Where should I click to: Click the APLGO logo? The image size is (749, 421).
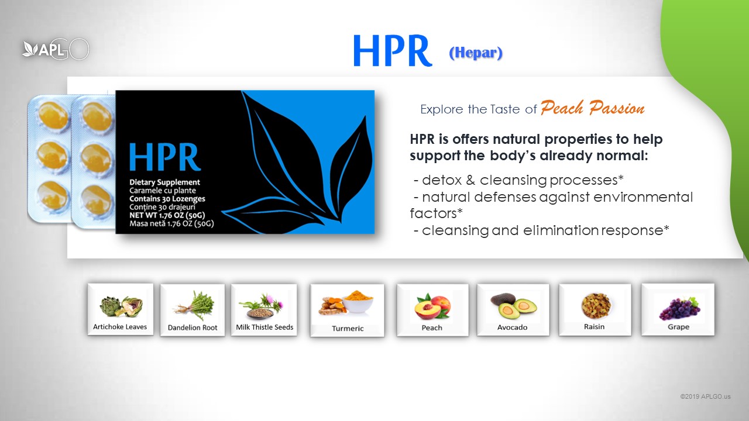[56, 50]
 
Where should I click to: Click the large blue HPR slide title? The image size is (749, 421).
[393, 51]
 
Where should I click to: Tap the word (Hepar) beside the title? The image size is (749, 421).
[476, 53]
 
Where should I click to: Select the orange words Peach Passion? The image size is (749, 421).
[593, 108]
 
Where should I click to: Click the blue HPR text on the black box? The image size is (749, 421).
[165, 157]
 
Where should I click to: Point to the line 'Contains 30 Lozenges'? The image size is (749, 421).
[167, 199]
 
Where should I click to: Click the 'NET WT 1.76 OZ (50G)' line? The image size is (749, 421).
[167, 215]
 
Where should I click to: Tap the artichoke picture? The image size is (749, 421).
[121, 306]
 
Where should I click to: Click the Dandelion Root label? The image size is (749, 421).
[193, 328]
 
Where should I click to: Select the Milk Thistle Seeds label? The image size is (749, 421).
[264, 327]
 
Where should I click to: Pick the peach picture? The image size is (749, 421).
[432, 306]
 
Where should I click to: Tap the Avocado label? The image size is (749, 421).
[512, 327]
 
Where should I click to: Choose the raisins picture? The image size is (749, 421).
[596, 305]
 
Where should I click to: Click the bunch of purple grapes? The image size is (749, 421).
[679, 308]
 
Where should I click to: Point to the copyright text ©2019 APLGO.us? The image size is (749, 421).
[705, 396]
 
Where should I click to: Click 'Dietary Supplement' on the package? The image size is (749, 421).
[164, 182]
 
